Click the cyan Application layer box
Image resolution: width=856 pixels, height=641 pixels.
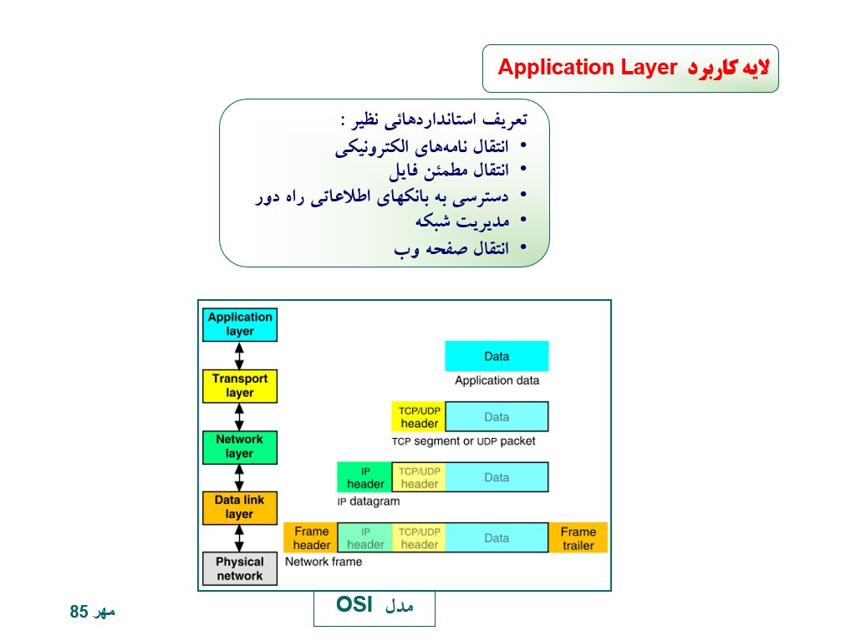[x=240, y=325]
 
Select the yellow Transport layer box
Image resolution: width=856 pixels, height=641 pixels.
[x=240, y=386]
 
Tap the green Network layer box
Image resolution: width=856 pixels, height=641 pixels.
[x=240, y=447]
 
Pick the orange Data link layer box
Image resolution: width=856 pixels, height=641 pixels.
[x=240, y=508]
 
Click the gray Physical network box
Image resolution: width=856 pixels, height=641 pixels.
[x=240, y=568]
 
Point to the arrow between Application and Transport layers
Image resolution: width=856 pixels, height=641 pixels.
[x=239, y=356]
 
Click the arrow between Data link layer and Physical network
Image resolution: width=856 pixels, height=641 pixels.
[x=239, y=538]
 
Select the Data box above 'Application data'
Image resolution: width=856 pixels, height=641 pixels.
[x=497, y=356]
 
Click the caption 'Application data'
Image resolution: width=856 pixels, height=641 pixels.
[x=497, y=380]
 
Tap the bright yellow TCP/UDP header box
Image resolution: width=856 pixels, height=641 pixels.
[x=419, y=416]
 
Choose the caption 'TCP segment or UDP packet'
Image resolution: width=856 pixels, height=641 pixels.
[x=463, y=441]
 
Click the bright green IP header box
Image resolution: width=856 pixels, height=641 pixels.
[x=364, y=477]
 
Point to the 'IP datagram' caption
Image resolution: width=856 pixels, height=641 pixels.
[x=369, y=501]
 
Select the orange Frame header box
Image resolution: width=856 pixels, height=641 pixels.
[x=311, y=538]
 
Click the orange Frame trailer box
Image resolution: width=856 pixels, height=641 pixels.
[x=578, y=538]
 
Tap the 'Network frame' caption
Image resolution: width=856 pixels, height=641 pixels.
[x=324, y=562]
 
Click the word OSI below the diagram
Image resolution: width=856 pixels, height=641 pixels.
[x=354, y=604]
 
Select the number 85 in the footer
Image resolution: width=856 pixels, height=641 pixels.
[x=79, y=612]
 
